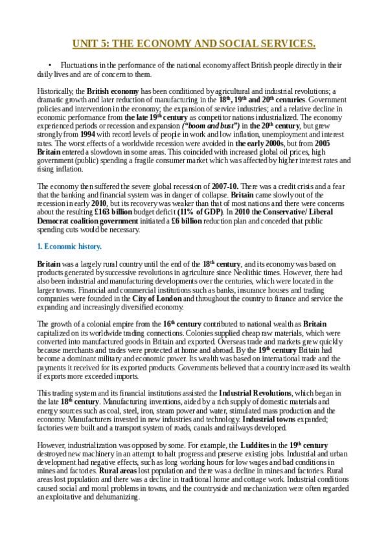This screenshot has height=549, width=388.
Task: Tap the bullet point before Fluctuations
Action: (x=50, y=65)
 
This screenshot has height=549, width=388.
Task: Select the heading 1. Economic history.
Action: (x=69, y=247)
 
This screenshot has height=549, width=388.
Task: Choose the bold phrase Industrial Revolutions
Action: (x=256, y=392)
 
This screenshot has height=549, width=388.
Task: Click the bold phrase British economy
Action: (x=113, y=92)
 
